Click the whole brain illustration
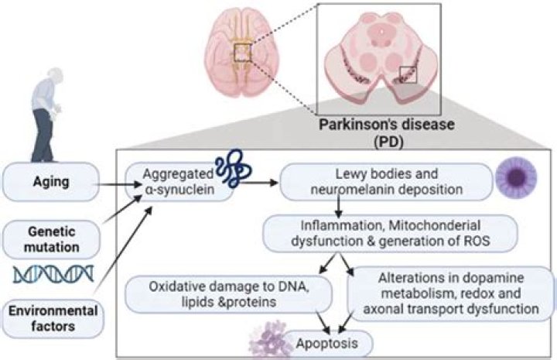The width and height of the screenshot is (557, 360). click(246, 53)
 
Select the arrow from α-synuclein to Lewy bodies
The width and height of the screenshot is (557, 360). click(260, 184)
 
